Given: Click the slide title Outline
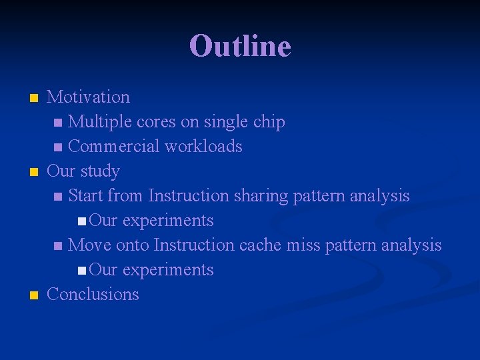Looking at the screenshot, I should pos(240,47).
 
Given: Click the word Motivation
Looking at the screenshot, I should pos(88,97).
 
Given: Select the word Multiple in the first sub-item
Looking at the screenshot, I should pos(100,122).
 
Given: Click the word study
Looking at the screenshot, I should pos(100,171).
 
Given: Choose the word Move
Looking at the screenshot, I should pos(90,245).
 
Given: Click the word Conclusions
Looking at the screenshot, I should pos(93,295).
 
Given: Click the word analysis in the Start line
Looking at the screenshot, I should pos(379,196).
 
